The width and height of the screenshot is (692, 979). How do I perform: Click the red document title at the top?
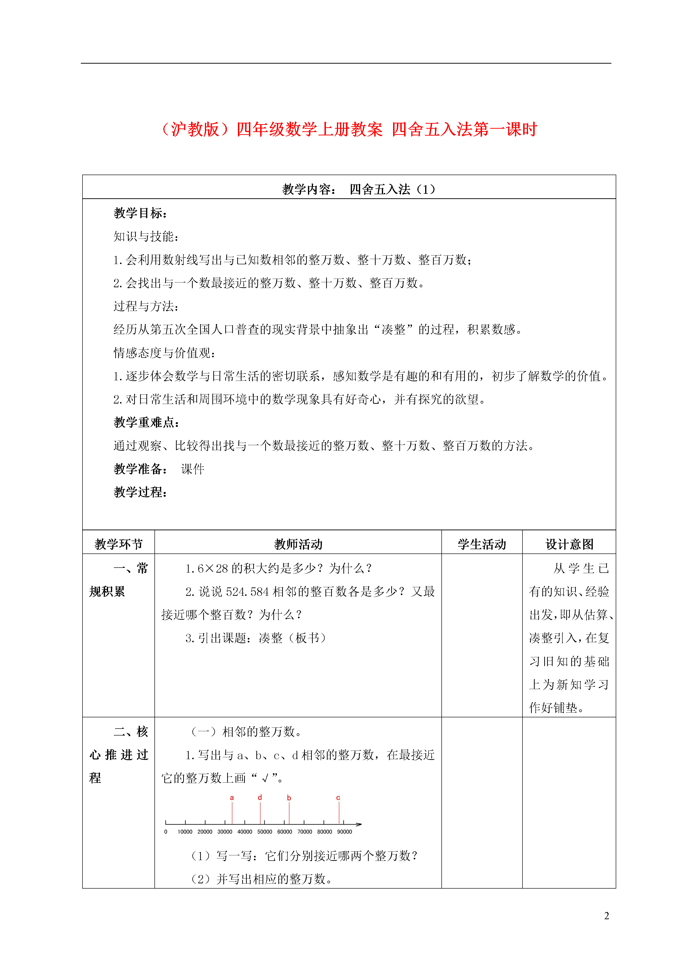point(349,129)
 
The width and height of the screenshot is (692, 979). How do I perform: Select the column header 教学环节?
point(119,544)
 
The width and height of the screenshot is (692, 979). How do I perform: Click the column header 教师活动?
point(298,544)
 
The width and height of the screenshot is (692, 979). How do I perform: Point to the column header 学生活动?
point(482,544)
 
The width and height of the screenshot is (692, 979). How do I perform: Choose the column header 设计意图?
point(569,544)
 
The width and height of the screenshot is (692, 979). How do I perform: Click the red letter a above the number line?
point(232,798)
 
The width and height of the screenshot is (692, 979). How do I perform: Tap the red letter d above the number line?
point(260,797)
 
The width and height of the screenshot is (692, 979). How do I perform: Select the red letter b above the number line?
point(289,798)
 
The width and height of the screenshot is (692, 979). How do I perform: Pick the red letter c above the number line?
point(338,798)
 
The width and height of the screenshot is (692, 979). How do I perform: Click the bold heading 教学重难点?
point(146,423)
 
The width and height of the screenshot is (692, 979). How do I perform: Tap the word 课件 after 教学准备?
point(193,469)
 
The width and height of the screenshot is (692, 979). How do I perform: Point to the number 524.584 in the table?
point(247,592)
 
